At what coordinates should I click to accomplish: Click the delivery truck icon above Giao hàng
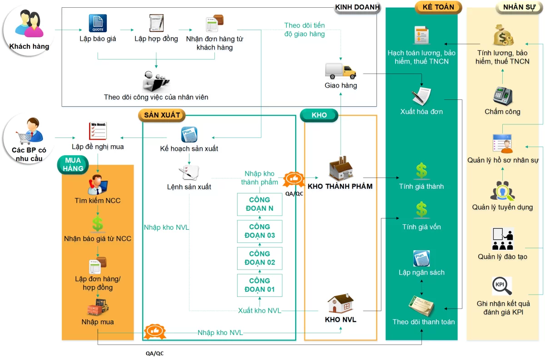341,71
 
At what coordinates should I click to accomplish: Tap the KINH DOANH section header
357,7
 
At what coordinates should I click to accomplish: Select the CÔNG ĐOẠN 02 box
260,258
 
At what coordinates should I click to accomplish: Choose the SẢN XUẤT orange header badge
162,115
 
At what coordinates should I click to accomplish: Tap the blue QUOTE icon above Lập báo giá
98,23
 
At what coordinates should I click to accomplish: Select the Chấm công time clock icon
503,96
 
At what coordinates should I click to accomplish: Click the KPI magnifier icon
502,286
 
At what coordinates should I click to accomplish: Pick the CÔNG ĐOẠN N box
260,204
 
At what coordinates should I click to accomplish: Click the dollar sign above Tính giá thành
421,171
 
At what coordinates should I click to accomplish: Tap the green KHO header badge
319,115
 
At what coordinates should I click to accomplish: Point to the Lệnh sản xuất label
189,187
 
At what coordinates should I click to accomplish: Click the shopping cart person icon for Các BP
29,131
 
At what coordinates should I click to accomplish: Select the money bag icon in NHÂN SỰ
503,35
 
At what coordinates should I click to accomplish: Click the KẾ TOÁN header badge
438,7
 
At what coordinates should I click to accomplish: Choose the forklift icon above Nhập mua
98,307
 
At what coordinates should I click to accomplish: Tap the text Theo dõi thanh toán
424,322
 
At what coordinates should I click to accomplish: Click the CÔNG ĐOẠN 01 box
260,285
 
